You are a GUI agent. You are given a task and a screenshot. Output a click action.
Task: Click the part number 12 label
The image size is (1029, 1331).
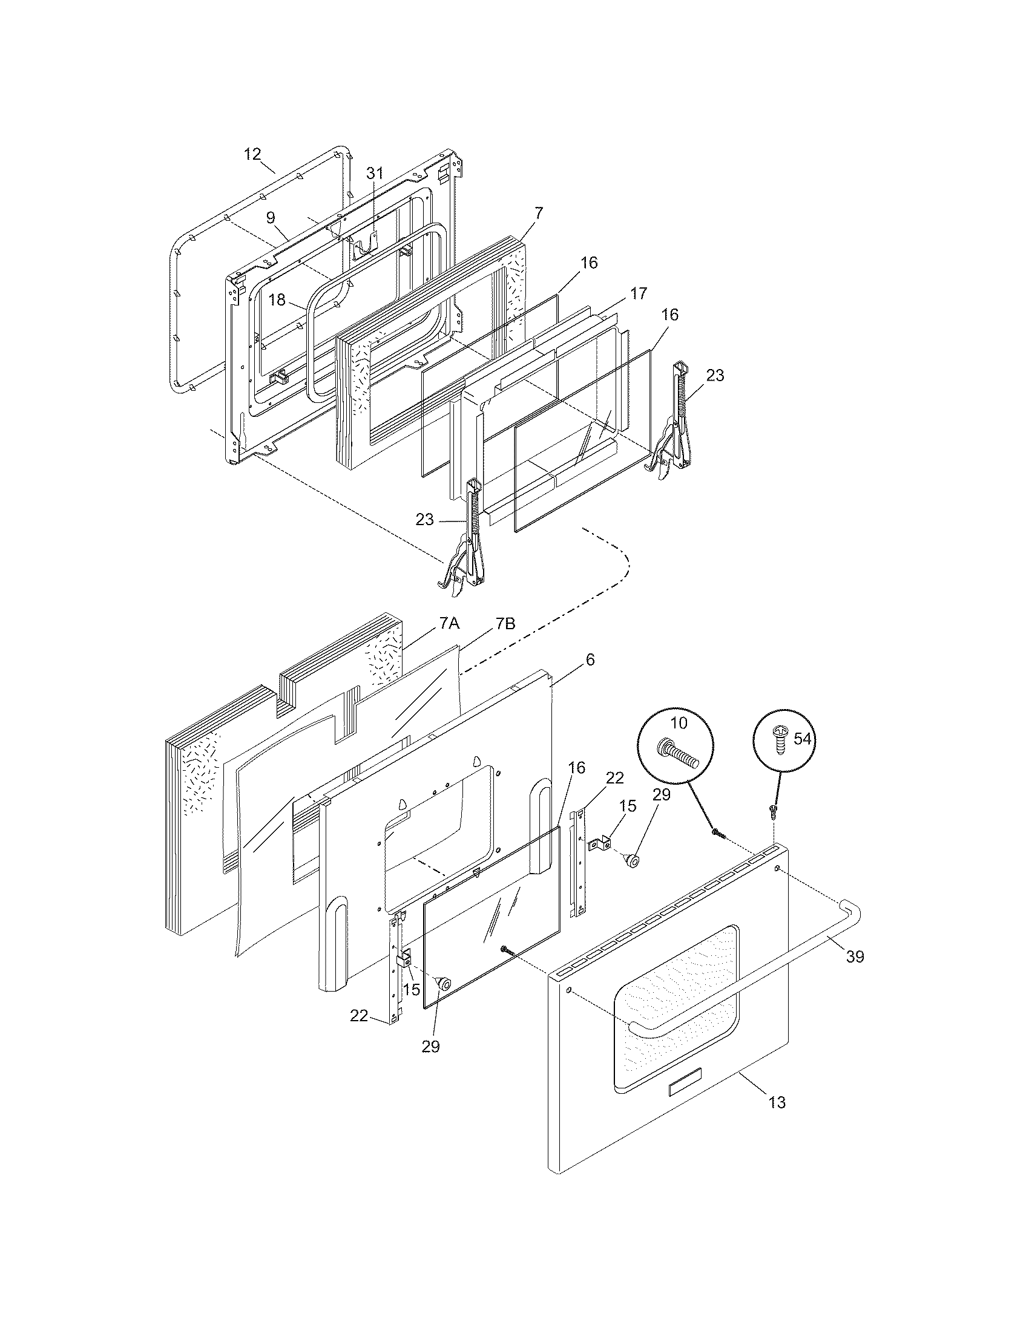tap(252, 154)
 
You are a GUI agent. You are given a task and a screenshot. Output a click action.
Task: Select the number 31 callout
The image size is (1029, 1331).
tap(375, 173)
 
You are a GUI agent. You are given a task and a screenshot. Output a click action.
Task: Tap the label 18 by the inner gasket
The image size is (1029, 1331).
tap(277, 300)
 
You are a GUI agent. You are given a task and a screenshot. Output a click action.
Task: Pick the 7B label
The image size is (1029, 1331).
tap(505, 623)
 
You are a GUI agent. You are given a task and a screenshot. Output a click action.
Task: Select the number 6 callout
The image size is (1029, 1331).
tap(590, 659)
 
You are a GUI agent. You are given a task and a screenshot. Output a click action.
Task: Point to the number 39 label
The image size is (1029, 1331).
tap(855, 957)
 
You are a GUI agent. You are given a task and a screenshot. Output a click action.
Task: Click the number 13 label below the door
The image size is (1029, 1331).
tap(777, 1102)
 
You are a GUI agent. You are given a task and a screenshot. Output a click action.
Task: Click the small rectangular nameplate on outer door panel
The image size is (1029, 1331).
tap(685, 1089)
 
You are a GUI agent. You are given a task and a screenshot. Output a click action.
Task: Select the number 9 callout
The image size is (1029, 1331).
tap(271, 217)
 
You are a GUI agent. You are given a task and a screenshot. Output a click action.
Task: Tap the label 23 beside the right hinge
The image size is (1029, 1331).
tap(715, 376)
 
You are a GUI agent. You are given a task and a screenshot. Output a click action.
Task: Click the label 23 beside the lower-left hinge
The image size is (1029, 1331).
tap(425, 519)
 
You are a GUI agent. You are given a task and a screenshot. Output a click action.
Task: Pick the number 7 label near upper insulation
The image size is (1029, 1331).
tap(538, 214)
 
